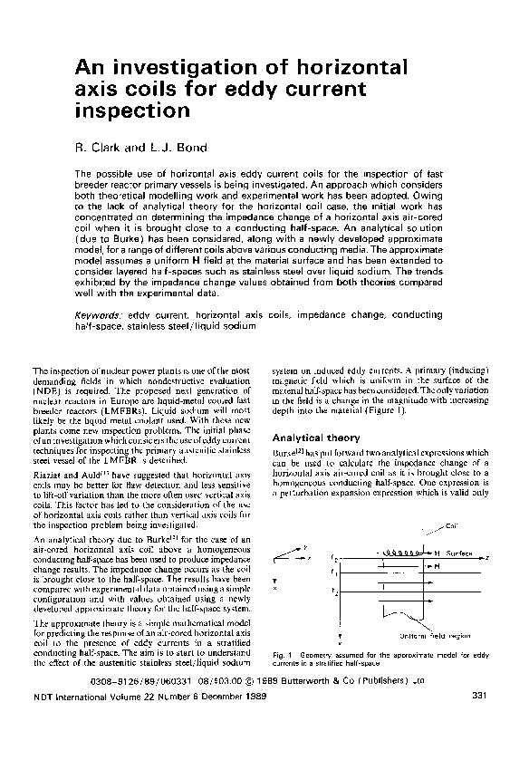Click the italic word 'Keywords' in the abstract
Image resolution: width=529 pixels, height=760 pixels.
(97, 313)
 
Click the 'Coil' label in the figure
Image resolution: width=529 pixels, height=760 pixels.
(452, 525)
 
